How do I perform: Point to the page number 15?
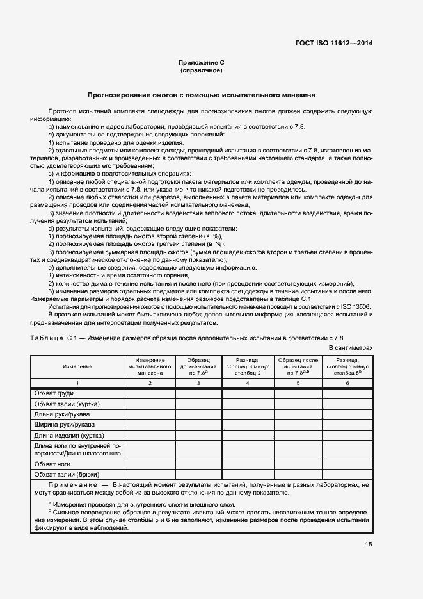368,545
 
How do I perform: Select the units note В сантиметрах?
350,347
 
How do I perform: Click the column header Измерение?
77,366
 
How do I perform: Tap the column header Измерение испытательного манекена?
150,366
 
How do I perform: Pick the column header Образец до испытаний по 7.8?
198,366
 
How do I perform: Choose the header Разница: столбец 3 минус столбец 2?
247,366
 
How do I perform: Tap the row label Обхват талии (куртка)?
67,404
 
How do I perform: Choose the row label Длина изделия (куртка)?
68,435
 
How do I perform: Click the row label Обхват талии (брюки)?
66,474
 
